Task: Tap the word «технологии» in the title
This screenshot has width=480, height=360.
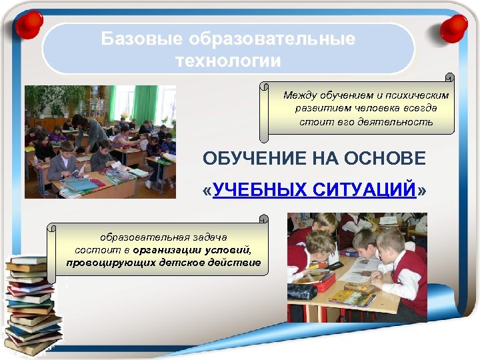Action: (x=228, y=61)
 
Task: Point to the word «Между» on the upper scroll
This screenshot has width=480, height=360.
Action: (x=299, y=95)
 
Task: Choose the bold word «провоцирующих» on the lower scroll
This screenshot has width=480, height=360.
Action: (x=103, y=263)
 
